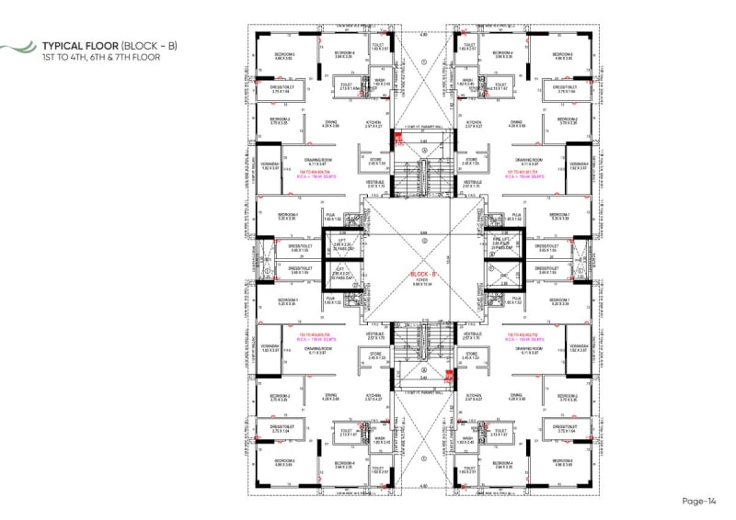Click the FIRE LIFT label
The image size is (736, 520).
(501, 238)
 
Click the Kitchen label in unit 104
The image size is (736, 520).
(374, 122)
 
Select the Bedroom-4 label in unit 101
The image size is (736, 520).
(502, 53)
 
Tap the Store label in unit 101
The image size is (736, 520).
(472, 158)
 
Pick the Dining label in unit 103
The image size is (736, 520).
(331, 396)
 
